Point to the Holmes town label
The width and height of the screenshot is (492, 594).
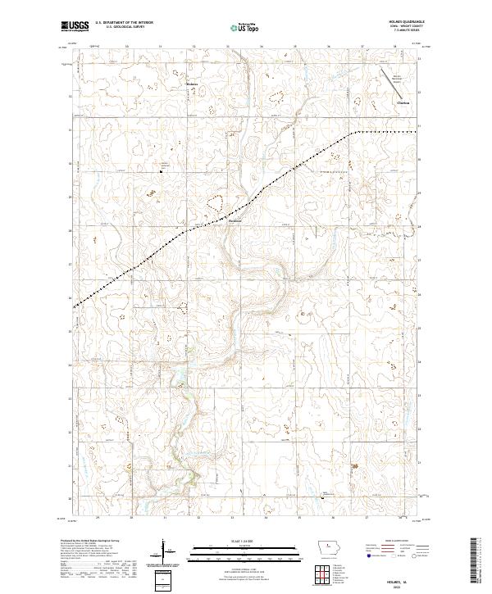pyautogui.click(x=192, y=84)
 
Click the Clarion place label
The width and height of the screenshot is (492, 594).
pyautogui.click(x=403, y=102)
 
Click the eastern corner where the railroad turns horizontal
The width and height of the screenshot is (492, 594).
pyautogui.click(x=354, y=132)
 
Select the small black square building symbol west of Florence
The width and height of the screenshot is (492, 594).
pyautogui.click(x=161, y=171)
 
